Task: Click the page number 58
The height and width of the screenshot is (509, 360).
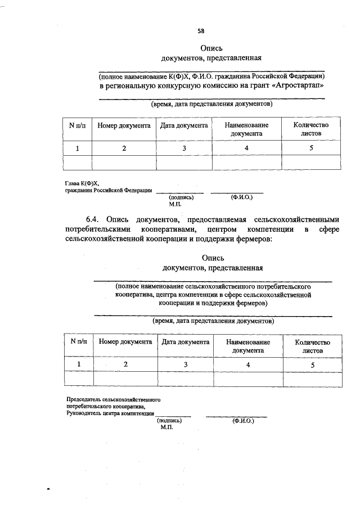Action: point(201,31)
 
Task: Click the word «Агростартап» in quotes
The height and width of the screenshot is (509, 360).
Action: point(295,85)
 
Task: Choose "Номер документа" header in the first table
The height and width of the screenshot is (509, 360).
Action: point(124,125)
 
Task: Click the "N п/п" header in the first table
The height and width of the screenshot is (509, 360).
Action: point(77,125)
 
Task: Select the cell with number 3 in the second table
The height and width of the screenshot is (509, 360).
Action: point(186,364)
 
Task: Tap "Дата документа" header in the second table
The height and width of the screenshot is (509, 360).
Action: point(186,342)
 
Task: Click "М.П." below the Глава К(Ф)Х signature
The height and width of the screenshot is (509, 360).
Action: point(175,204)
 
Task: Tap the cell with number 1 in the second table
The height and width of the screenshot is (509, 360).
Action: point(79,364)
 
